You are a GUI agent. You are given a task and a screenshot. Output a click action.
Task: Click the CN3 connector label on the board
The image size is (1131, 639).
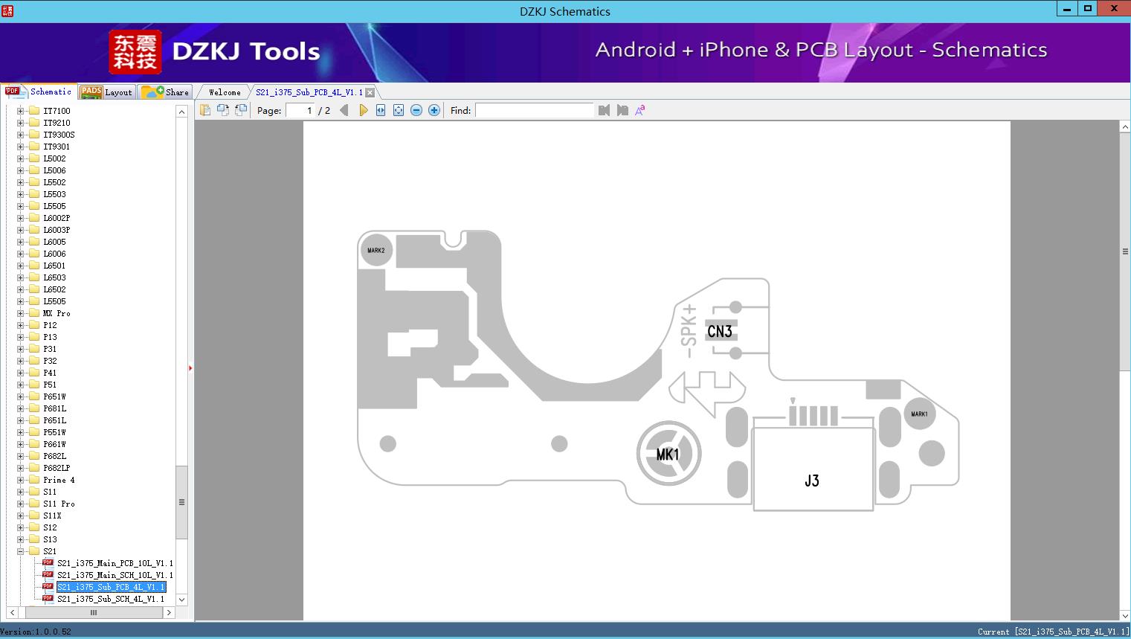pyautogui.click(x=720, y=331)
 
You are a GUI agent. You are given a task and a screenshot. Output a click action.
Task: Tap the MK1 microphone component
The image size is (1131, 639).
pyautogui.click(x=668, y=454)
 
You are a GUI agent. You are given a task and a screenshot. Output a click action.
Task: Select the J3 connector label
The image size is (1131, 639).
pyautogui.click(x=811, y=481)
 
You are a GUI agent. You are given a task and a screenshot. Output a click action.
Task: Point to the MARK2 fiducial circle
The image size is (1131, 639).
pyautogui.click(x=376, y=250)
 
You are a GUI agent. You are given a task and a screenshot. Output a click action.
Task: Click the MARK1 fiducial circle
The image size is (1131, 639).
pyautogui.click(x=919, y=414)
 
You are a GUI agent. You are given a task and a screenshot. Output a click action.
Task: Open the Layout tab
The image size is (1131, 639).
pyautogui.click(x=107, y=92)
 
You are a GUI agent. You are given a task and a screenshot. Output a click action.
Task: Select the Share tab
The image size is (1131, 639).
pyautogui.click(x=166, y=92)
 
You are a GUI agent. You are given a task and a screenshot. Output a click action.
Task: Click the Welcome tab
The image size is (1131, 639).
pyautogui.click(x=225, y=92)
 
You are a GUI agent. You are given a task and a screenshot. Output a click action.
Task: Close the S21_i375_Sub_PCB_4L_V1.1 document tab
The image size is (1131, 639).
pyautogui.click(x=370, y=92)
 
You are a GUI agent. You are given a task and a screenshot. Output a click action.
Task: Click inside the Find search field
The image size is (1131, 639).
pyautogui.click(x=534, y=110)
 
